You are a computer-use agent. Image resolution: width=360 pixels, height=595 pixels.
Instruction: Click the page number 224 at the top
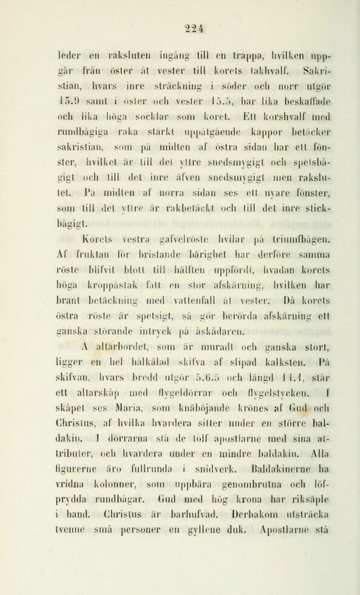180,18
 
